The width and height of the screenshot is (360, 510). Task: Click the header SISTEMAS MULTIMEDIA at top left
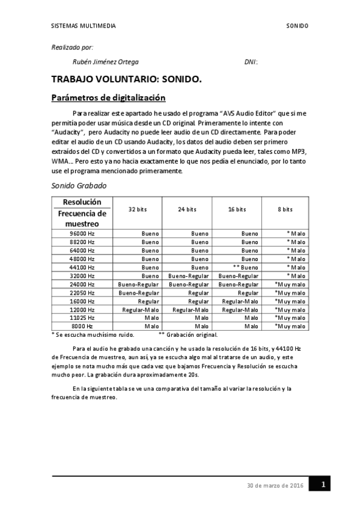point(84,26)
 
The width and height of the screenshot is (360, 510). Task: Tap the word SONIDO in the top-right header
point(297,26)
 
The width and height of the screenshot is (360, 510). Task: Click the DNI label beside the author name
point(251,62)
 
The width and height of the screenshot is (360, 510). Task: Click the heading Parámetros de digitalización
point(108,97)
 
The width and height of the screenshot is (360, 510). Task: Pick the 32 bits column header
point(137,209)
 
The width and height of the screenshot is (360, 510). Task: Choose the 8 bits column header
point(285,209)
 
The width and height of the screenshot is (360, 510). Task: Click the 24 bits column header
point(187,209)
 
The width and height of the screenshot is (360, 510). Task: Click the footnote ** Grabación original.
point(188,335)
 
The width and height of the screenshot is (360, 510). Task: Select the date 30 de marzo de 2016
point(275,485)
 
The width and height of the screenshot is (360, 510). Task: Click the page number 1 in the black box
point(323,484)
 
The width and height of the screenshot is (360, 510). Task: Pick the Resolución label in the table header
point(82,201)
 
